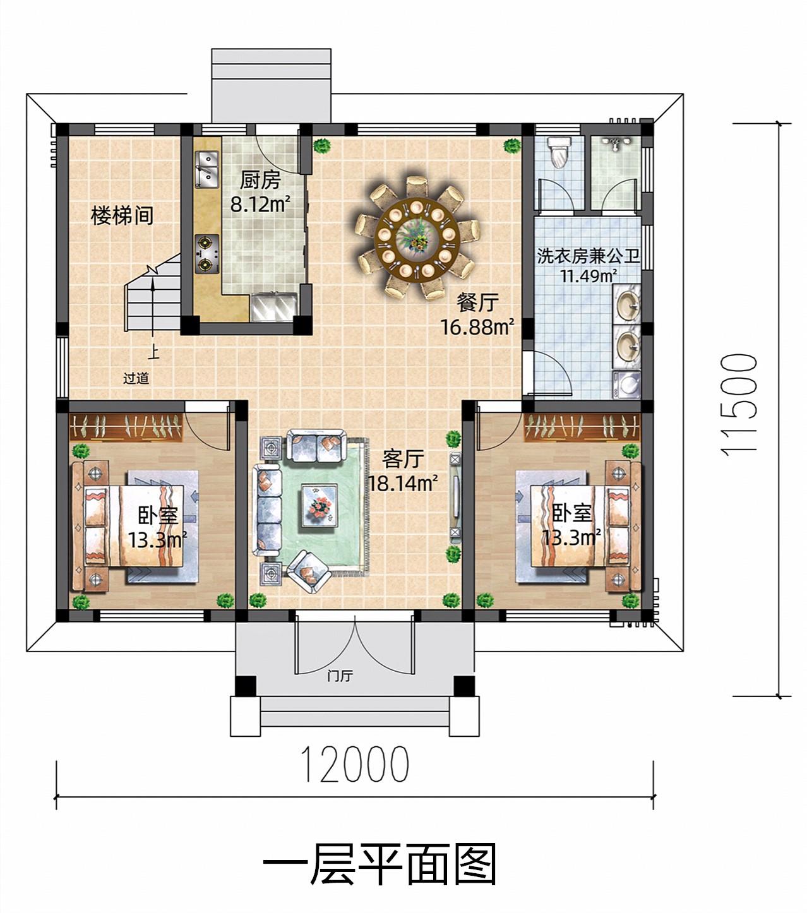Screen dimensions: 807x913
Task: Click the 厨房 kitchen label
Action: [260, 180]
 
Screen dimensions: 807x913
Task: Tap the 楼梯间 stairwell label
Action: [122, 215]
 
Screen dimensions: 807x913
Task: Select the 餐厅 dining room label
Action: [477, 302]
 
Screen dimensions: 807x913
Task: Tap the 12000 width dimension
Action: [356, 765]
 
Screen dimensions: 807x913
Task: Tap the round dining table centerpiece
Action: [417, 234]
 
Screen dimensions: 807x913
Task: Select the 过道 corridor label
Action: [136, 378]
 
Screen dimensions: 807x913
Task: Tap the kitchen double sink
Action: [207, 170]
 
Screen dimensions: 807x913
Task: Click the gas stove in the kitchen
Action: [207, 254]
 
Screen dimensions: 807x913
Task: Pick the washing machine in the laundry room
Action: [626, 385]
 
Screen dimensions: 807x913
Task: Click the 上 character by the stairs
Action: [154, 352]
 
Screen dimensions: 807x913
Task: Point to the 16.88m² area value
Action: [477, 327]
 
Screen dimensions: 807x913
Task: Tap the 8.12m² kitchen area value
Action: [260, 204]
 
